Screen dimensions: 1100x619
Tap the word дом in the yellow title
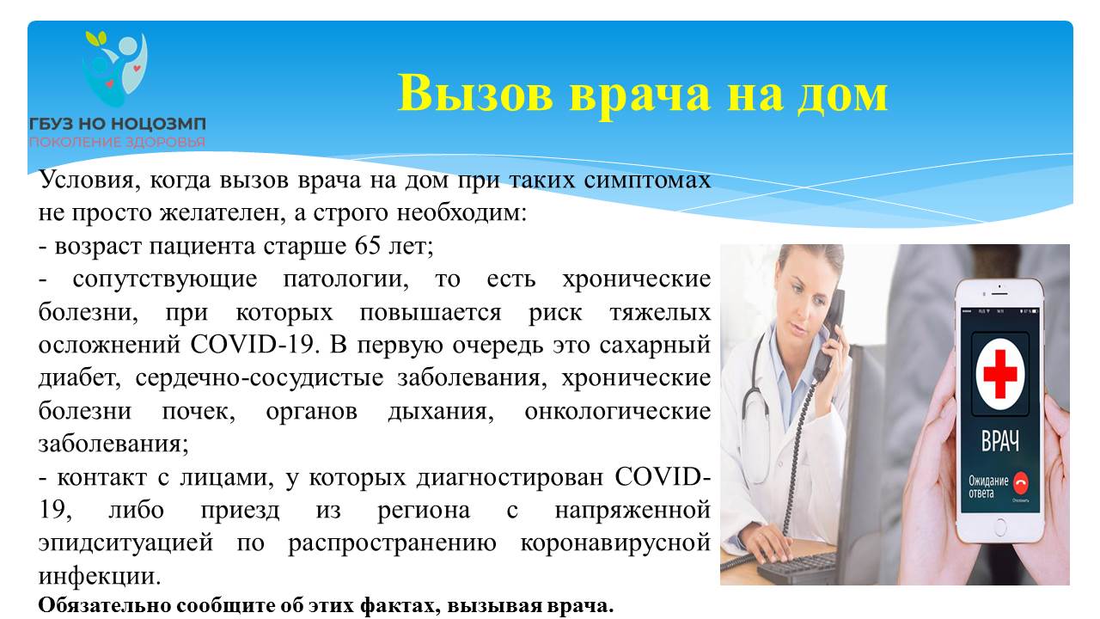[x=842, y=95]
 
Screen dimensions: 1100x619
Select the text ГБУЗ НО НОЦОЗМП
[x=118, y=124]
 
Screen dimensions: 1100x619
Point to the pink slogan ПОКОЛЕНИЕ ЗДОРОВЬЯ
[x=118, y=143]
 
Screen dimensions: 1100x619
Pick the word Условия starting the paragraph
[x=87, y=180]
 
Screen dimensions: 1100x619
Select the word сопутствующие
[x=165, y=279]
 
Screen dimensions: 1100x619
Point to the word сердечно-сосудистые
[x=260, y=378]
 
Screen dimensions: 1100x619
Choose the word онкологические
[x=618, y=411]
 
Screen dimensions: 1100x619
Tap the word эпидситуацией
[x=126, y=543]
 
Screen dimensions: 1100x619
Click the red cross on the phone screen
[x=1000, y=374]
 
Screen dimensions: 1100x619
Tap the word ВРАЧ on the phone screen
[x=1000, y=441]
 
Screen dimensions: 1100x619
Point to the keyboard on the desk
[x=805, y=565]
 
